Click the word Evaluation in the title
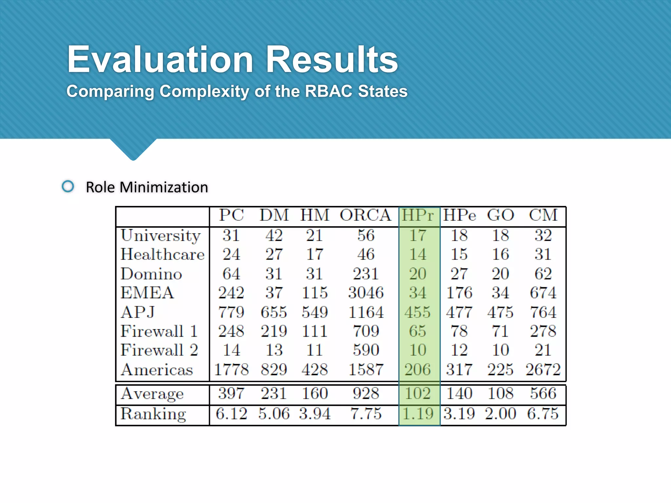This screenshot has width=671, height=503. (x=160, y=60)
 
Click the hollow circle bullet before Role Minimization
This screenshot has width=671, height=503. (x=68, y=187)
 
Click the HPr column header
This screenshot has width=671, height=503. (x=418, y=215)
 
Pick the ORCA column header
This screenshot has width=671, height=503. (x=365, y=215)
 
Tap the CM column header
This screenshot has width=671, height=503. (x=543, y=215)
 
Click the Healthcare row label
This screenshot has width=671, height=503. (x=162, y=254)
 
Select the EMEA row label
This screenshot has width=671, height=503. (x=147, y=293)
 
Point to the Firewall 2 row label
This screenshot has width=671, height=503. (x=159, y=350)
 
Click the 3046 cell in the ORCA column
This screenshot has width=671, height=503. (x=366, y=293)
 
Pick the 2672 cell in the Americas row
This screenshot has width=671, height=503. (x=543, y=369)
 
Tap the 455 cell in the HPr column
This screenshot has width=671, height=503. (x=417, y=312)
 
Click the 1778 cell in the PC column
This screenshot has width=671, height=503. (x=231, y=369)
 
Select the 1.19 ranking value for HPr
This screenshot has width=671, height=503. (x=418, y=414)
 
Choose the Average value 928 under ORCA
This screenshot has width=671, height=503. (x=366, y=393)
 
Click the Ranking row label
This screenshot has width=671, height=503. (x=153, y=414)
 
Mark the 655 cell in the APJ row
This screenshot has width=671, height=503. (x=274, y=312)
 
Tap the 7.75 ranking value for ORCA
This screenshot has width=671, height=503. (x=366, y=414)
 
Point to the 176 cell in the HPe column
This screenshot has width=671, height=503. (x=459, y=293)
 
